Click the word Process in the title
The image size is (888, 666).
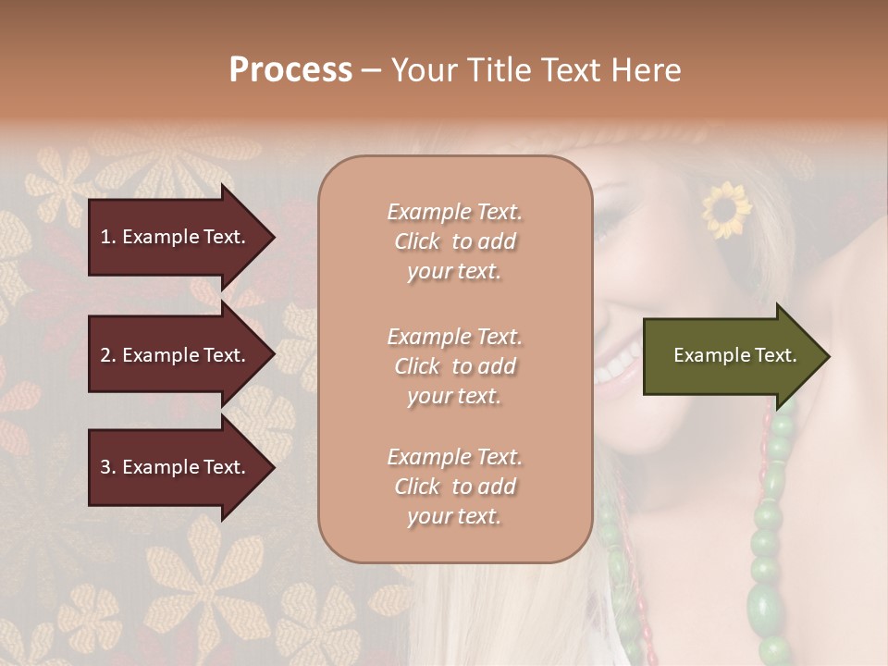290,70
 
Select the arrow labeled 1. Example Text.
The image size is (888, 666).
176,237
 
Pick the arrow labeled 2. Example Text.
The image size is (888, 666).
176,355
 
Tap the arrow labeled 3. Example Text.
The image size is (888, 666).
176,467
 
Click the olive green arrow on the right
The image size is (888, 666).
731,356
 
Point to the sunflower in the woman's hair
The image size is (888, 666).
726,209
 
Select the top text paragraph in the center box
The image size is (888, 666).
454,241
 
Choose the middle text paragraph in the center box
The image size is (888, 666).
454,366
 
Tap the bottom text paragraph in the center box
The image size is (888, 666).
454,487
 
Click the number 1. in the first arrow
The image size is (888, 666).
108,237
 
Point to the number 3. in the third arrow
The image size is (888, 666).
108,467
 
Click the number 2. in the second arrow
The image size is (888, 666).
108,355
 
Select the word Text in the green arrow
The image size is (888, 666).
776,355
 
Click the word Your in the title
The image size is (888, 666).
423,70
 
